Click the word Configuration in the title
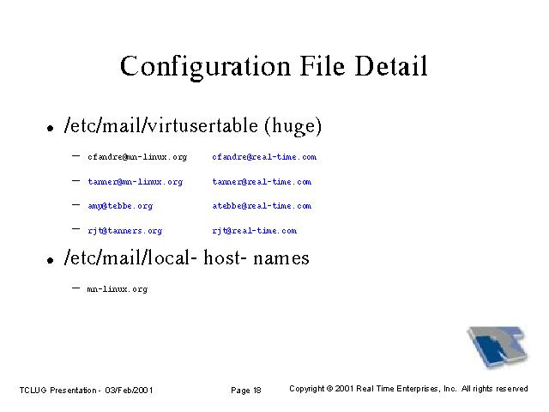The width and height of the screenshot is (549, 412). click(205, 67)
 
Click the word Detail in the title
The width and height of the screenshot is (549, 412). click(391, 65)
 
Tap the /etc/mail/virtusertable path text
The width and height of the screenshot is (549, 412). click(161, 125)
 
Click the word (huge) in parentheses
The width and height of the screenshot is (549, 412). click(293, 126)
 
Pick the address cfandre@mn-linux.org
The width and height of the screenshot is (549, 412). click(137, 157)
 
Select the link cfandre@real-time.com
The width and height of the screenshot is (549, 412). click(264, 157)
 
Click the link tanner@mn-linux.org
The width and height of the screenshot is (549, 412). click(136, 182)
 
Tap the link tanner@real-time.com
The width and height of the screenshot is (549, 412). click(262, 182)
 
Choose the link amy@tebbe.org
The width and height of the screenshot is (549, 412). click(120, 206)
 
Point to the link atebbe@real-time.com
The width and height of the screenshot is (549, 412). click(262, 206)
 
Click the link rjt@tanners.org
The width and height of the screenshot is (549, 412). click(125, 231)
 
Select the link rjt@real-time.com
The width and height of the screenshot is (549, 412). click(255, 231)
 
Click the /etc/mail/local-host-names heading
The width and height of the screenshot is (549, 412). click(186, 257)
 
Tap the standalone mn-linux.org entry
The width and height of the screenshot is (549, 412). click(118, 289)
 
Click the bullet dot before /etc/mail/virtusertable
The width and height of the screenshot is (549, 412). click(51, 128)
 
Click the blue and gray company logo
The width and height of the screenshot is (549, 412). click(498, 347)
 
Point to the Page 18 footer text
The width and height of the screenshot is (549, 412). click(246, 391)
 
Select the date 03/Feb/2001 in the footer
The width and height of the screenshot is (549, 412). click(129, 391)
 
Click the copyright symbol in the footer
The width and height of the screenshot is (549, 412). click(329, 389)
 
